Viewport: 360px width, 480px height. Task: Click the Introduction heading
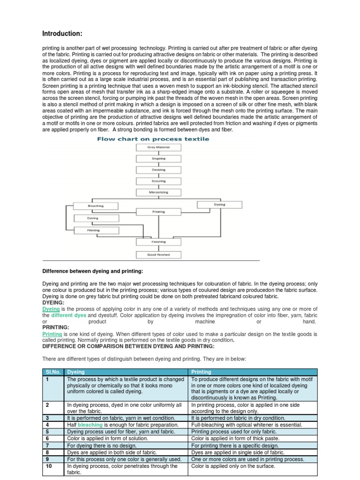point(62,33)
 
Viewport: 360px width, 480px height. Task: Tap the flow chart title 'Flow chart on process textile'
point(153,139)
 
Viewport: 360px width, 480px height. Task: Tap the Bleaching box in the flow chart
point(96,206)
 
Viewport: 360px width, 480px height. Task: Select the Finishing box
point(158,242)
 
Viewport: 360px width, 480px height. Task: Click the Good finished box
point(158,255)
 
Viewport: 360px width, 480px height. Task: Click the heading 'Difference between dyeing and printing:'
point(93,271)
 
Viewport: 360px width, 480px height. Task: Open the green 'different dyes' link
point(68,315)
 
